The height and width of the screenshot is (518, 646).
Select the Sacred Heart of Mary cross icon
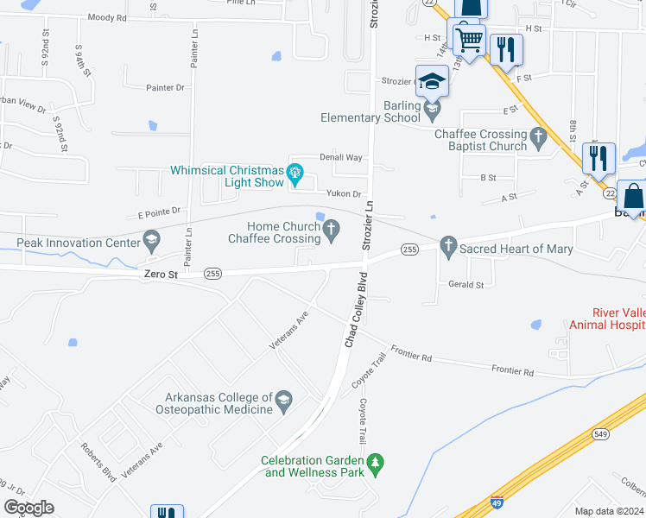[447, 248]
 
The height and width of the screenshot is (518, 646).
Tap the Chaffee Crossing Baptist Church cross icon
[538, 136]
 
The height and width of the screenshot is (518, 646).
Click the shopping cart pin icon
[469, 39]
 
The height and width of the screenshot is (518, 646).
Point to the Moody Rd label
[106, 17]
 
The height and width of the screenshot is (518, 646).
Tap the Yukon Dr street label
[344, 194]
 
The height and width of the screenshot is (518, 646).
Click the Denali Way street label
[341, 157]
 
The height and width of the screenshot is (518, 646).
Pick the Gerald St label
[465, 284]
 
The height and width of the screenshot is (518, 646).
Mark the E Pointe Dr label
[157, 211]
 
